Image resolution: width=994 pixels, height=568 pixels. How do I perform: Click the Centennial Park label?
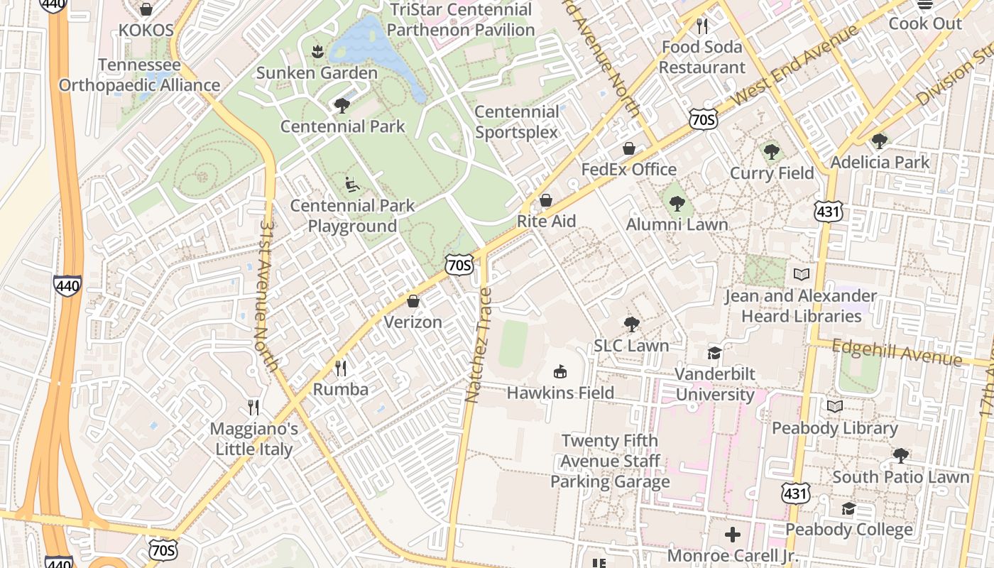click(342, 126)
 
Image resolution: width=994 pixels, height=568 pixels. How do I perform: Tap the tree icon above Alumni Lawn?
click(677, 204)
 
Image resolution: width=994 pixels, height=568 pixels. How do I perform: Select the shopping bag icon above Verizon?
click(413, 301)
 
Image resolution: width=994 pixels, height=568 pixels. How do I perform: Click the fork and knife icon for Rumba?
click(341, 368)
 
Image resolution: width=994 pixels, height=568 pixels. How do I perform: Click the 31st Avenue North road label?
click(268, 295)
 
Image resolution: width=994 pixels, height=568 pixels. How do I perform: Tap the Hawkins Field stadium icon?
click(560, 371)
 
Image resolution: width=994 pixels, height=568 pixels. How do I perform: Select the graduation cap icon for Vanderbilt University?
click(714, 353)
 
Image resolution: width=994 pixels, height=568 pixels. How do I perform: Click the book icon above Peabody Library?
click(835, 407)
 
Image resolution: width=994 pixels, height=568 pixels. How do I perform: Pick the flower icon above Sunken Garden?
click(317, 51)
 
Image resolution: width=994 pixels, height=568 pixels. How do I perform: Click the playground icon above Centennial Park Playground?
click(352, 185)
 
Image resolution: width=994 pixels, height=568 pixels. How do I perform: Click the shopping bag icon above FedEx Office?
click(628, 148)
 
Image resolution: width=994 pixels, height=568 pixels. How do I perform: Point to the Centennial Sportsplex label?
click(517, 122)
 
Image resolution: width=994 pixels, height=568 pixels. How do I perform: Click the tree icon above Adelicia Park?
click(879, 141)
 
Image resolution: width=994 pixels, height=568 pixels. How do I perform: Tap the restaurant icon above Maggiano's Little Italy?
click(253, 408)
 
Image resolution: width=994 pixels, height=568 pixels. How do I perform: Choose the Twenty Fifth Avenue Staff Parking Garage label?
click(610, 461)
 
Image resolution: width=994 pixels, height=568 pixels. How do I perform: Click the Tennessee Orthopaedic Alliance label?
click(139, 75)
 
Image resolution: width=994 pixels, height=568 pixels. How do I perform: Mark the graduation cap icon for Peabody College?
click(848, 508)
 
